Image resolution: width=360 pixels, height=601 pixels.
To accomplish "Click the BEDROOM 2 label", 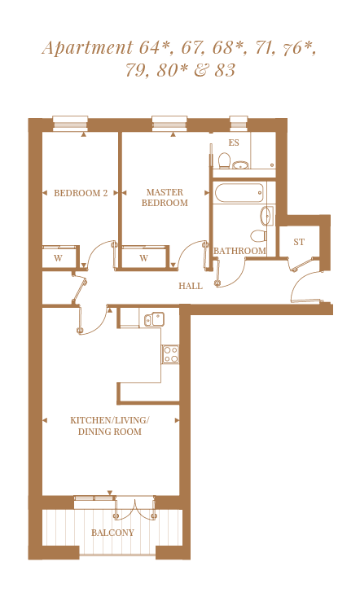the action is tap(81, 193).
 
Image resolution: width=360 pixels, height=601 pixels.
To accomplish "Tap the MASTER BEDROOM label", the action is tap(165, 197).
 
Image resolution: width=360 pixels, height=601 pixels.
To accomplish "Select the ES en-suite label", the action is tap(234, 143).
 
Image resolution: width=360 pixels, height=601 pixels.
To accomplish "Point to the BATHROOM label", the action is tap(239, 251).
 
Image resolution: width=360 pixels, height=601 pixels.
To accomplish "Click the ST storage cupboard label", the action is tap(299, 242).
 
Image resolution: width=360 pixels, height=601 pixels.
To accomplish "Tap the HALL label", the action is tap(191, 286).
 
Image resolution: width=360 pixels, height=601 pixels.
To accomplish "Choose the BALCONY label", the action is tap(112, 533).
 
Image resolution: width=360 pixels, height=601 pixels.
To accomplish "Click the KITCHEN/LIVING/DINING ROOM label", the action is tap(110, 426).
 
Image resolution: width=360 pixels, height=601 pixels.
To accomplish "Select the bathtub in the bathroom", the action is tap(239, 193).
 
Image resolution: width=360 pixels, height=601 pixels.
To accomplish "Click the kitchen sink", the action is tap(154, 319).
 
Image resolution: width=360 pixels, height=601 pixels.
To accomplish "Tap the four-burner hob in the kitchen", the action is tap(170, 354).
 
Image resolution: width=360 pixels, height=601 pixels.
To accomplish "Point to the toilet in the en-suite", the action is tap(224, 161).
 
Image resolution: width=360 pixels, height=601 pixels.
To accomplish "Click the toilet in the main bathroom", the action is tap(258, 235).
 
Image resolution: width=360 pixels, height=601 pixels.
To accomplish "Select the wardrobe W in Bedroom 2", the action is tap(59, 257).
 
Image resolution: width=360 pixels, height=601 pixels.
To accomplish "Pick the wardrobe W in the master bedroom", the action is tap(144, 257).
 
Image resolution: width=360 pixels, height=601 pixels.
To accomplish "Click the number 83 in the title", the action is tap(225, 70).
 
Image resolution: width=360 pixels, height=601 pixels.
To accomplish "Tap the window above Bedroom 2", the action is tap(70, 124).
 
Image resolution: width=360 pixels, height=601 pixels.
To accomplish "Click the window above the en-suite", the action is tap(239, 124).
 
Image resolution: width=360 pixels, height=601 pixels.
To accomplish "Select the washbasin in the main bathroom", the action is tap(266, 216).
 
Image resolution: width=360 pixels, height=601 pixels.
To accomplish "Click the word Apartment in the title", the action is tap(87, 48).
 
